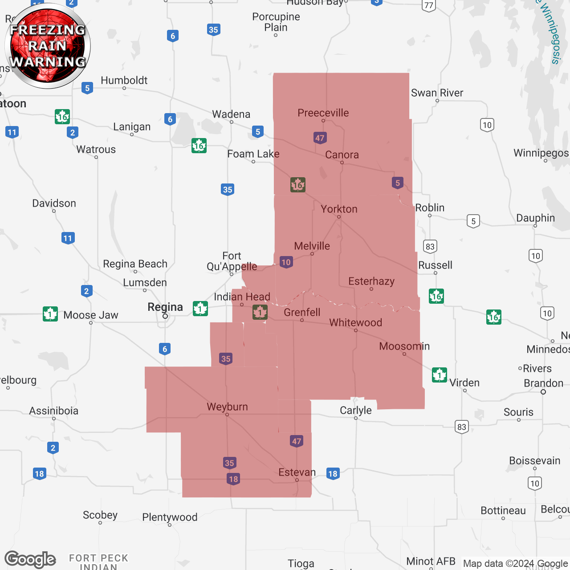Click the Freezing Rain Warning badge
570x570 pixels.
(48, 46)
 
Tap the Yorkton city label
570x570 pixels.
(339, 209)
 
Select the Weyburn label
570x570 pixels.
(227, 407)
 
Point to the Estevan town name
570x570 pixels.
(297, 472)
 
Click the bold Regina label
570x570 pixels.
(165, 307)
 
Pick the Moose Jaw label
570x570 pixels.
(91, 315)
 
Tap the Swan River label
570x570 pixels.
(437, 93)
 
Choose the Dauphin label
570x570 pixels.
(535, 218)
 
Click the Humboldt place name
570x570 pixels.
(124, 80)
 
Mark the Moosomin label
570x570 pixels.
(404, 346)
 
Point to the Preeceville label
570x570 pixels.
(323, 113)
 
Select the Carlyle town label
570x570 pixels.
(355, 410)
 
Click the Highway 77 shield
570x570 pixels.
(428, 5)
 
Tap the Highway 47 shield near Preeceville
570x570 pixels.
(320, 138)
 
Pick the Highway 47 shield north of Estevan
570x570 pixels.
(297, 441)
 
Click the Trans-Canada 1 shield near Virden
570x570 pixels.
(440, 375)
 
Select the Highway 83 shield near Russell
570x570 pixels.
(430, 246)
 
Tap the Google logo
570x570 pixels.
(30, 559)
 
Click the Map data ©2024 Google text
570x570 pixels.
(515, 563)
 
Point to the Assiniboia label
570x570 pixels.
(53, 411)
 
